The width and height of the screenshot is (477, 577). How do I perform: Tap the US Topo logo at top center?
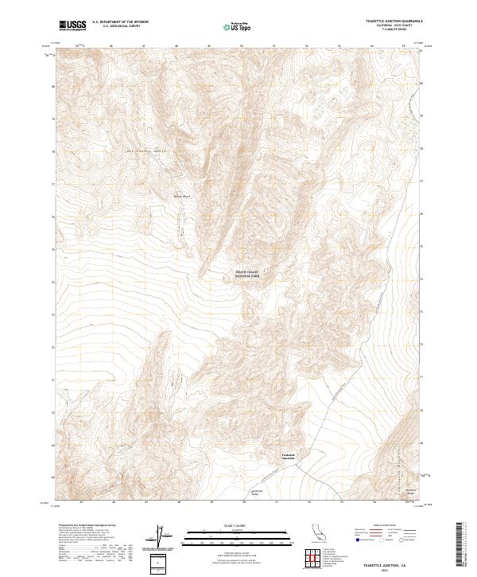pyautogui.click(x=238, y=26)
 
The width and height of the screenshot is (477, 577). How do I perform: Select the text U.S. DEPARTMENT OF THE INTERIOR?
pyautogui.click(x=120, y=22)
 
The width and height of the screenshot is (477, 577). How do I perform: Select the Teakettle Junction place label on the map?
pyautogui.click(x=288, y=457)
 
